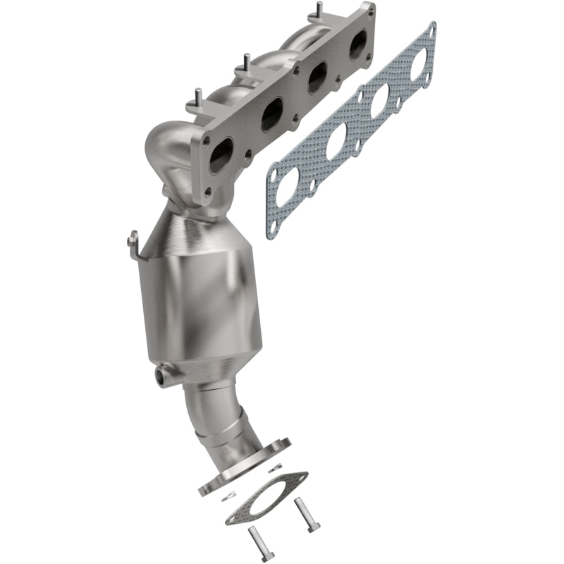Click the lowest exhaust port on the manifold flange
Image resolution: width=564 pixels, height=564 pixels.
[x=221, y=152]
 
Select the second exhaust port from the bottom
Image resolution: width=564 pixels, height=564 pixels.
[x=271, y=115]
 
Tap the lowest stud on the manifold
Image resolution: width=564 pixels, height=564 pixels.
[x=198, y=96]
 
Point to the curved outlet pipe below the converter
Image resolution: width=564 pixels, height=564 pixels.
[x=219, y=416]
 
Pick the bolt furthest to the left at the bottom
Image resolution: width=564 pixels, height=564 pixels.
[x=253, y=544]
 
